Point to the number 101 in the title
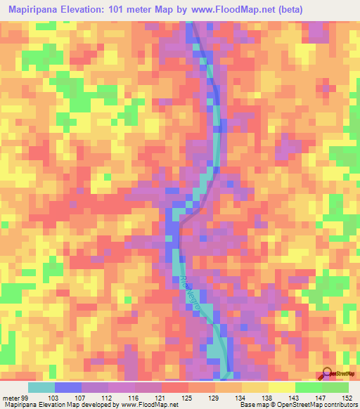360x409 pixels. tap(134, 9)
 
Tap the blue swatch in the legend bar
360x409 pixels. tap(68, 387)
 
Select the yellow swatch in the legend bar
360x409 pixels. tap(282, 387)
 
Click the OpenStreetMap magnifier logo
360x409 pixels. tap(328, 373)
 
